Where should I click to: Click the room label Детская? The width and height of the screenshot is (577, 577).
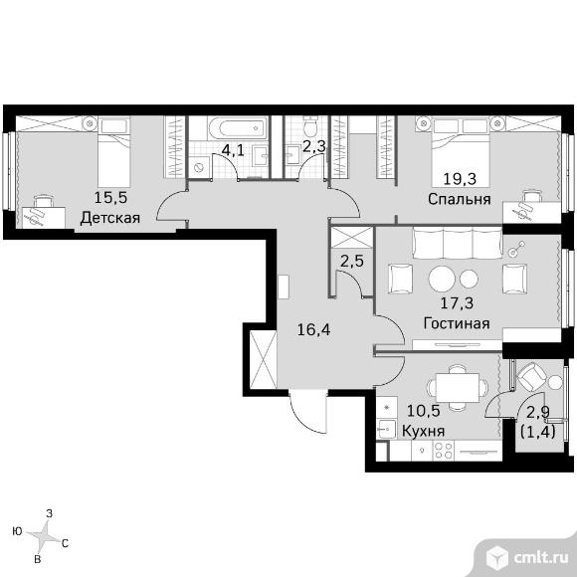pyautogui.click(x=110, y=218)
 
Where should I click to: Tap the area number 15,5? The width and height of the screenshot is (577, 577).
pyautogui.click(x=110, y=198)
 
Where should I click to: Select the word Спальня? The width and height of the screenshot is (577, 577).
pyautogui.click(x=460, y=199)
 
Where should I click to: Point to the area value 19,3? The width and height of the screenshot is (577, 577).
pyautogui.click(x=460, y=179)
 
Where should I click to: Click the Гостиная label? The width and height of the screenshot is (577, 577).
pyautogui.click(x=457, y=323)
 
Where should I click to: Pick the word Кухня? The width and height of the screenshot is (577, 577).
pyautogui.click(x=423, y=431)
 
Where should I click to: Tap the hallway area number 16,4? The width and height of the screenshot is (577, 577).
pyautogui.click(x=313, y=330)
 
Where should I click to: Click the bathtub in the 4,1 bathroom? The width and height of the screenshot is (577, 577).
pyautogui.click(x=238, y=128)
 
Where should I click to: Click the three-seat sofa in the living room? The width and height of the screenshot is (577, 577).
pyautogui.click(x=458, y=243)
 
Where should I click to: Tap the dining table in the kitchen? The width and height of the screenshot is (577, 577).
pyautogui.click(x=458, y=388)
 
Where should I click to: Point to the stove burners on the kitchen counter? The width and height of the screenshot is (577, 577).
pyautogui.click(x=444, y=450)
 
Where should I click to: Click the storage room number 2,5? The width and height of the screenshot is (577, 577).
pyautogui.click(x=352, y=262)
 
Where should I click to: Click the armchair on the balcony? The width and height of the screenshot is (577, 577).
pyautogui.click(x=530, y=377)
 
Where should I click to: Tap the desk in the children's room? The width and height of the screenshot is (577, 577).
pyautogui.click(x=44, y=218)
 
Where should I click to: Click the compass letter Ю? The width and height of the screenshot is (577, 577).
pyautogui.click(x=17, y=531)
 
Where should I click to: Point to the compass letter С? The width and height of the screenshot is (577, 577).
pyautogui.click(x=65, y=543)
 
